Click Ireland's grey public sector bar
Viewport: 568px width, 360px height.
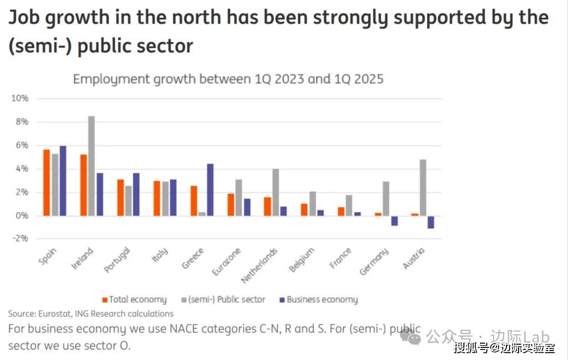pos(92,166)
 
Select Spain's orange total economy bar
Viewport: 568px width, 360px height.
pos(47,182)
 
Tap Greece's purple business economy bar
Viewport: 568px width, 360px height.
pos(210,190)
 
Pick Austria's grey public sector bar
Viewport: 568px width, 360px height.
pos(423,188)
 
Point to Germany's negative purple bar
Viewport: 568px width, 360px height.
pos(394,221)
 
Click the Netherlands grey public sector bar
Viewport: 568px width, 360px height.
pos(276,192)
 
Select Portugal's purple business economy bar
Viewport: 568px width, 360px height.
pos(136,194)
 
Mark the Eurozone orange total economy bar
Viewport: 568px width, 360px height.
pos(231,204)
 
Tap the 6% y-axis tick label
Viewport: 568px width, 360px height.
pos(21,146)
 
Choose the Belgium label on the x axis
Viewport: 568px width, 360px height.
pos(302,260)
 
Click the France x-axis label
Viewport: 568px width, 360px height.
pos(340,259)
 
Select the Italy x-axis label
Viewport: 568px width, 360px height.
pos(160,257)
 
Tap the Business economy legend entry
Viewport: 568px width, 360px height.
pos(322,300)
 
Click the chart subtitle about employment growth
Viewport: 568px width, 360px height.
pos(228,79)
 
